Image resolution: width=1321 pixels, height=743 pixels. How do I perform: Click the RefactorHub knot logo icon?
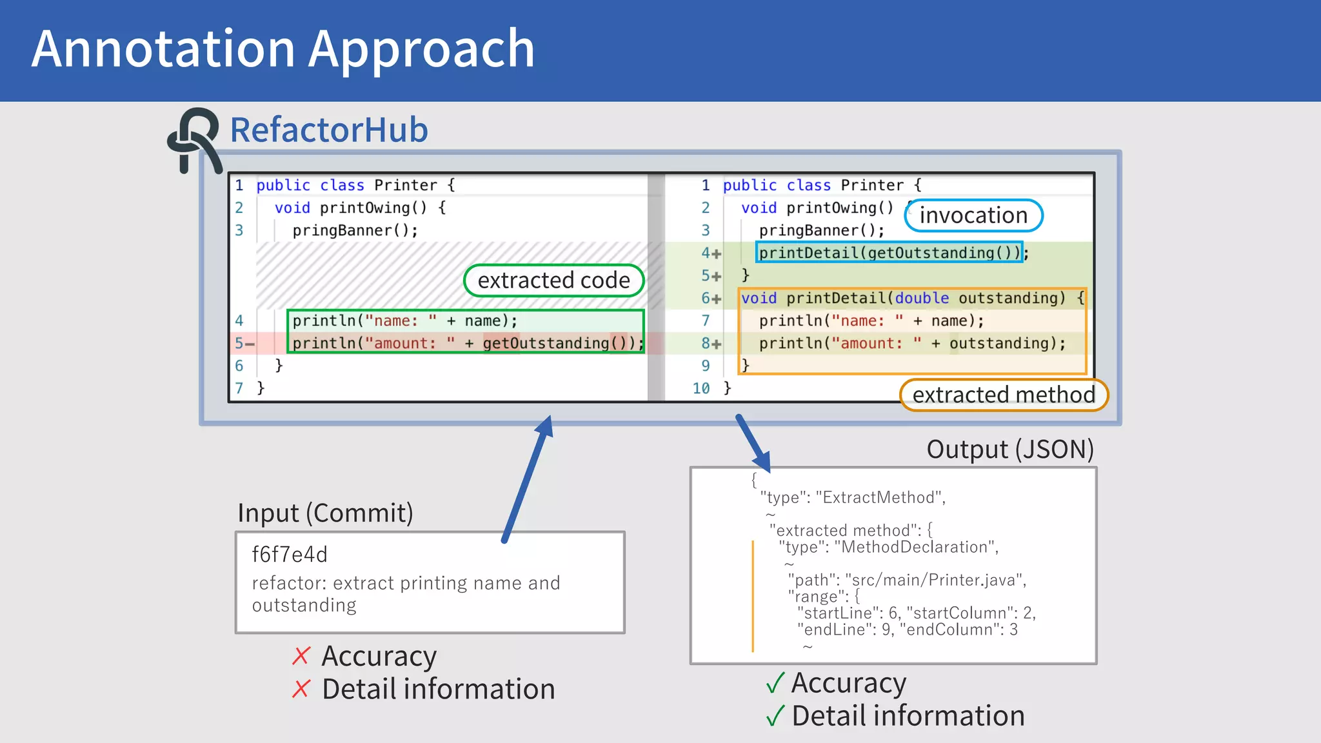[x=192, y=138]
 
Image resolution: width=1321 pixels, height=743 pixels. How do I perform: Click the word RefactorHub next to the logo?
[x=329, y=130]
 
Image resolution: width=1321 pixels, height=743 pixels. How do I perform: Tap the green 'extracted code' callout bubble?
[x=553, y=281]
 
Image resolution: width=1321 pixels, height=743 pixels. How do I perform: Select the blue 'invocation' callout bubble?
[x=973, y=215]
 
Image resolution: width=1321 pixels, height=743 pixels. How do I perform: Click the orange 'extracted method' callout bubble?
[x=1004, y=395]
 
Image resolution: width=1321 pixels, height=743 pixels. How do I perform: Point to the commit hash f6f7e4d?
[x=290, y=554]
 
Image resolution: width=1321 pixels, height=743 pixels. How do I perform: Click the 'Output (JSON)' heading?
[x=1009, y=450]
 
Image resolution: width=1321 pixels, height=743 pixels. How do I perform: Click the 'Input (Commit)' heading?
[x=325, y=513]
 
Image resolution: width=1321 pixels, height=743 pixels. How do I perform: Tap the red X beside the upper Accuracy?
[x=301, y=656]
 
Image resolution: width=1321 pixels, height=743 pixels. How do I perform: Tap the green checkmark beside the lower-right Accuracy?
[x=775, y=682]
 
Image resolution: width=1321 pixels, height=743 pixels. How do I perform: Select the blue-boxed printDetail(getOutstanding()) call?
[x=889, y=252]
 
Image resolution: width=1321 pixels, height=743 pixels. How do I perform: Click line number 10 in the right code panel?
[x=700, y=388]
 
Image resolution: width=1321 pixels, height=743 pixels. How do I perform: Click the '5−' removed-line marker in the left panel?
[x=244, y=343]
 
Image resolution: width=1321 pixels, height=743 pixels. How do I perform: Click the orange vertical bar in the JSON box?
[x=752, y=597]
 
